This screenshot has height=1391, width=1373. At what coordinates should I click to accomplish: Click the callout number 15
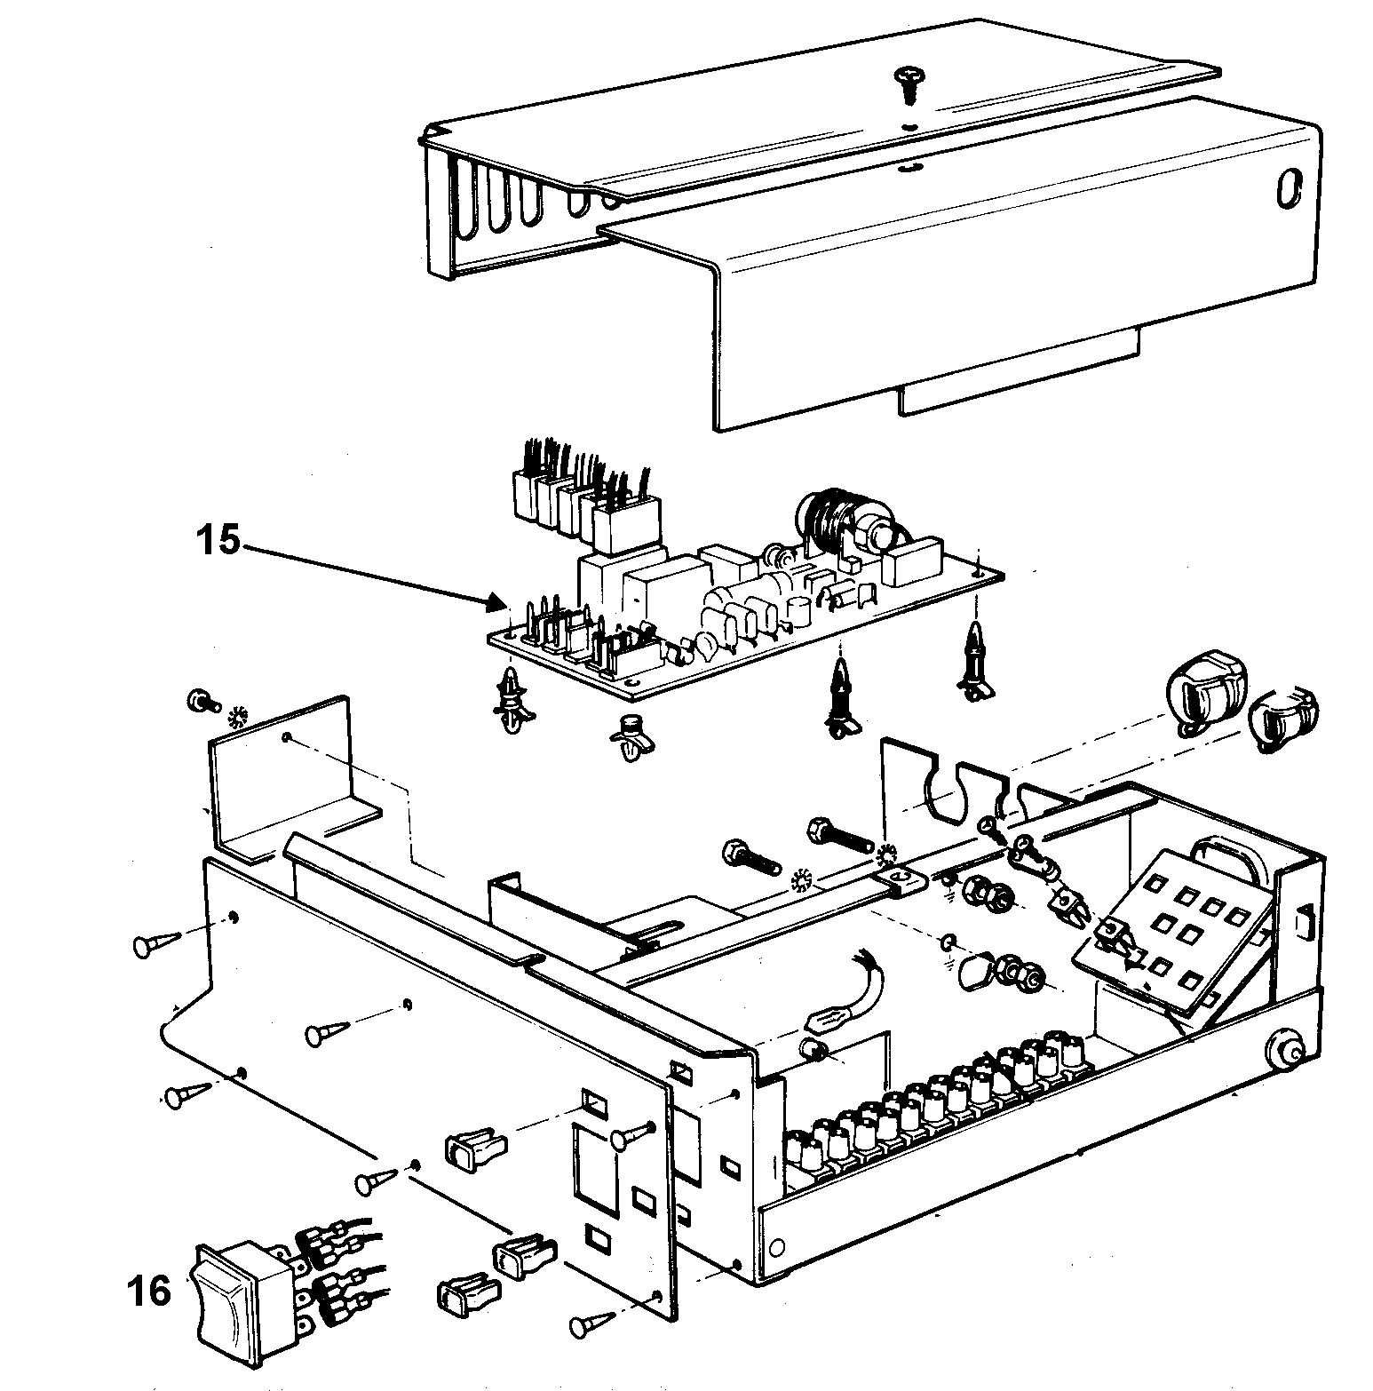coord(218,539)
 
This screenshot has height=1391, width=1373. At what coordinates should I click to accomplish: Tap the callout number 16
coord(147,1291)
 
